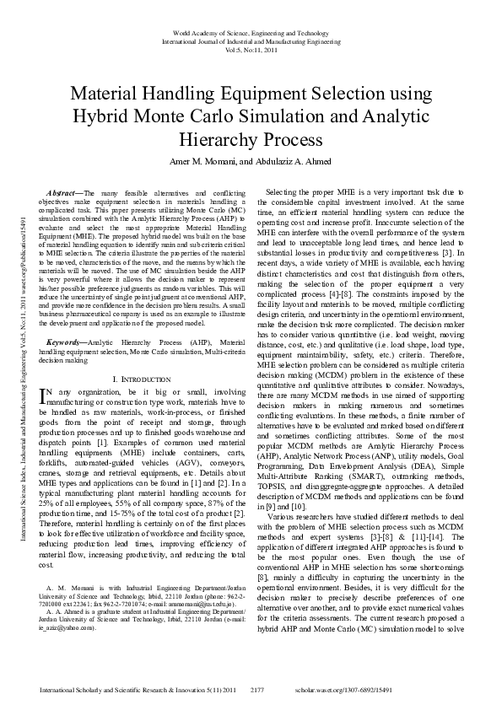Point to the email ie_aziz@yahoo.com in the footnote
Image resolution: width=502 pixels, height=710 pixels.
tap(71, 628)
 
